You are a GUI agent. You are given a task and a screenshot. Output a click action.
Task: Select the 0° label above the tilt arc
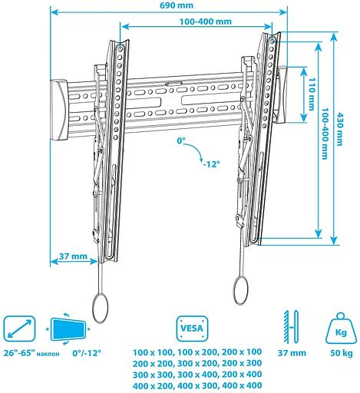182,141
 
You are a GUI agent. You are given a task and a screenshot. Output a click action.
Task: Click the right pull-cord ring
239,292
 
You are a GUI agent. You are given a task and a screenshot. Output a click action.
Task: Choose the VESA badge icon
190,327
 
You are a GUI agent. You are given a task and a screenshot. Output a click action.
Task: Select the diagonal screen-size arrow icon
21,329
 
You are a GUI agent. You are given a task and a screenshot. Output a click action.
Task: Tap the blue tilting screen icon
72,329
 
